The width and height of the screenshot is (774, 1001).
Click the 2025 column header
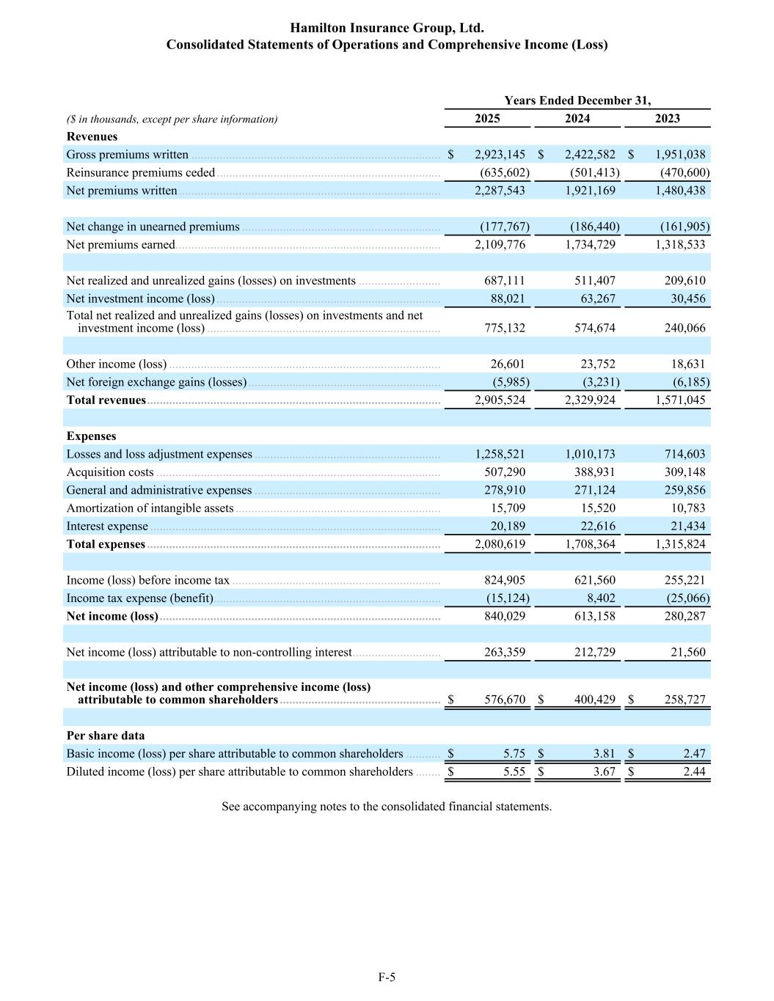(x=487, y=119)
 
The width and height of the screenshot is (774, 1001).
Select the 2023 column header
(x=667, y=119)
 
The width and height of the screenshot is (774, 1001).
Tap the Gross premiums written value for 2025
(x=500, y=155)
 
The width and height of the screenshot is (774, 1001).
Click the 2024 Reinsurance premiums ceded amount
(x=594, y=173)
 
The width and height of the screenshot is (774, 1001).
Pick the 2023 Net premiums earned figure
(x=680, y=245)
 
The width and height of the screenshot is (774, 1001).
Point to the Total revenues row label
(x=106, y=400)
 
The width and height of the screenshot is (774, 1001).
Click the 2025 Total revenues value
(x=500, y=400)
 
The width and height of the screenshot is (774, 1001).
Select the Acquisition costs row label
(x=110, y=472)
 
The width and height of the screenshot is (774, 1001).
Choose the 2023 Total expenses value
(x=680, y=544)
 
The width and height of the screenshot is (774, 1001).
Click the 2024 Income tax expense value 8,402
(x=601, y=598)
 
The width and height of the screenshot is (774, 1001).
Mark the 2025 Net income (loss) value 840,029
(x=505, y=616)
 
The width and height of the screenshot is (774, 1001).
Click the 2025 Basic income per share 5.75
(x=514, y=754)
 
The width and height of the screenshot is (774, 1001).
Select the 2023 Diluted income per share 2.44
(x=694, y=771)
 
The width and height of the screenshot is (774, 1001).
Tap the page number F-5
(x=387, y=977)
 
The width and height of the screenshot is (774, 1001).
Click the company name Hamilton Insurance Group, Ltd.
(x=387, y=28)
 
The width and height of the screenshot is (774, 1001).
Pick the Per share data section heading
(x=105, y=736)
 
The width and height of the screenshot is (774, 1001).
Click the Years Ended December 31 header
(x=577, y=100)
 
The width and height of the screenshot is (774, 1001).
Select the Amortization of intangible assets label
(x=150, y=508)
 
